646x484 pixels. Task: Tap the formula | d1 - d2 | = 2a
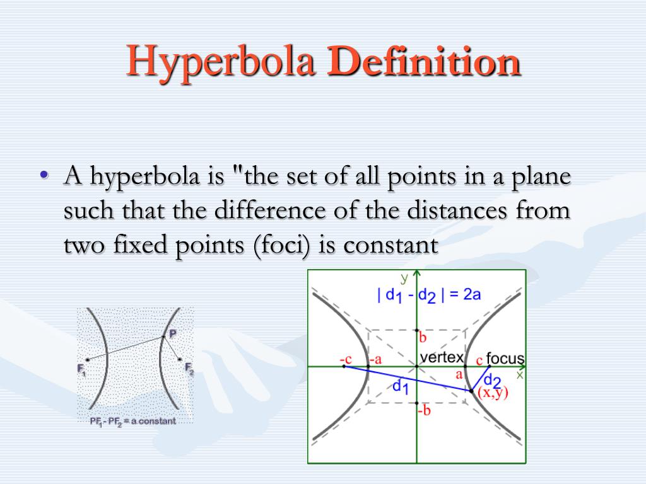click(x=429, y=295)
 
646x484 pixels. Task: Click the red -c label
click(x=345, y=359)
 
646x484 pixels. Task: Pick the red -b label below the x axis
click(x=424, y=411)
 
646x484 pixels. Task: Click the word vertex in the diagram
click(x=442, y=357)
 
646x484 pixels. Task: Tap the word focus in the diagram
click(x=505, y=359)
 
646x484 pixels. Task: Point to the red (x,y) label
click(x=492, y=393)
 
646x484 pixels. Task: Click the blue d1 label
click(x=401, y=386)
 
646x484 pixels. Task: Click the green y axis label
click(x=404, y=278)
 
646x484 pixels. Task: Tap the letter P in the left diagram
click(x=172, y=333)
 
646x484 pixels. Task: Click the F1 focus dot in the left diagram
click(x=87, y=360)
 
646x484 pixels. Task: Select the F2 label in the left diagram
click(x=189, y=368)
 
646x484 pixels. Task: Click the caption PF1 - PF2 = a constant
click(x=132, y=421)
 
